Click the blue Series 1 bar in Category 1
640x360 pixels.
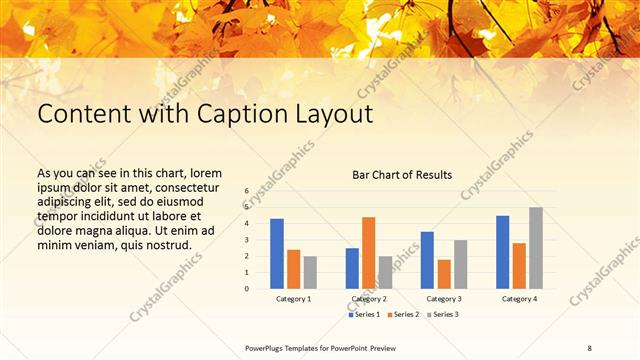[x=277, y=254]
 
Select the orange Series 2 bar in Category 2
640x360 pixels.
[x=369, y=253]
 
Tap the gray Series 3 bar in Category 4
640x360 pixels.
[x=536, y=248]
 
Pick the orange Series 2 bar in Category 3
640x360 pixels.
[x=444, y=274]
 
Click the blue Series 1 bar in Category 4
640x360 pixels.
[x=503, y=252]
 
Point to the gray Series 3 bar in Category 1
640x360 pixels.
[x=310, y=272]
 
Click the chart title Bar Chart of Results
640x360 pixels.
[x=402, y=175]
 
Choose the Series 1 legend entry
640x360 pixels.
[x=364, y=314]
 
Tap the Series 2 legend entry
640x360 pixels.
[x=402, y=314]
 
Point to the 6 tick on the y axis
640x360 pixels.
[x=246, y=190]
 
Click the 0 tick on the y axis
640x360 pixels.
[x=246, y=288]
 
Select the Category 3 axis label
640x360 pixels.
[x=443, y=299]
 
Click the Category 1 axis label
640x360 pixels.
[x=293, y=299]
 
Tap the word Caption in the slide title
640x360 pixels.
[x=245, y=114]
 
